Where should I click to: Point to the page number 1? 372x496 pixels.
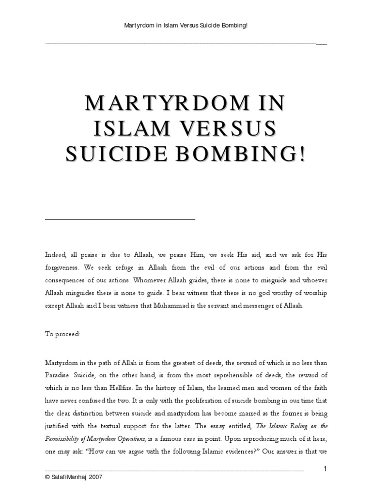pos(325,468)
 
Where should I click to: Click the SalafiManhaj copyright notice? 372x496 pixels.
pos(74,477)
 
